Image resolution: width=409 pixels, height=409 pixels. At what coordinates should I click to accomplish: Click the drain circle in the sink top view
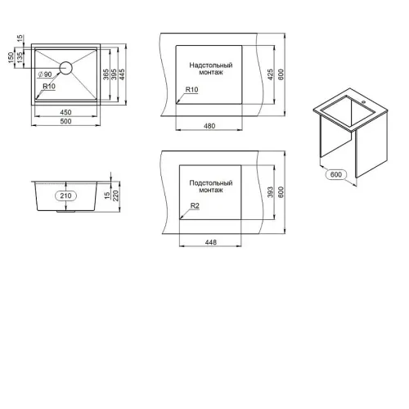65,68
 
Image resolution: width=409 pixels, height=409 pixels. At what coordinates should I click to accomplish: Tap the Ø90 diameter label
45,74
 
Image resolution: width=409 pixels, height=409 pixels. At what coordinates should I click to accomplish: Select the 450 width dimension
65,112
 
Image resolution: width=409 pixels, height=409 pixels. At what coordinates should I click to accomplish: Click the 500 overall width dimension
65,121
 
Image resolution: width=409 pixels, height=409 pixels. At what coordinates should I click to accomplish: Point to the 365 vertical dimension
106,74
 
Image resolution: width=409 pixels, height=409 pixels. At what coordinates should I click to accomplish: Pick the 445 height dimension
122,74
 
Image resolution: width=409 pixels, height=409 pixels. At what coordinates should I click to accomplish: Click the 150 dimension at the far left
11,58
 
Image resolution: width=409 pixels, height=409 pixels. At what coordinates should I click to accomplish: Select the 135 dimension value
20,58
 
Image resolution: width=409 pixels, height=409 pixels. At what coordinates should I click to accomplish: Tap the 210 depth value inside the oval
65,196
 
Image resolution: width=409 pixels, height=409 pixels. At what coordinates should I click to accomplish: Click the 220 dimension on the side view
115,196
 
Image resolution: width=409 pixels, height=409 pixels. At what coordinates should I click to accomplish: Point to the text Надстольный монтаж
211,69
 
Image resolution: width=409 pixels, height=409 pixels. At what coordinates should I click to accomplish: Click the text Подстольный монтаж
211,187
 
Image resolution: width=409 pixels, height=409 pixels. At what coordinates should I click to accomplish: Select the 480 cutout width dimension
209,126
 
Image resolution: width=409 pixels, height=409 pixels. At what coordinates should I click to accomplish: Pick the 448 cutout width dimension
211,242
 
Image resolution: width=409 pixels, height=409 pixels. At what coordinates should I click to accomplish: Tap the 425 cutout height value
270,74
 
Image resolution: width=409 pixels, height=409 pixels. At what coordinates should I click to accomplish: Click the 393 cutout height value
270,192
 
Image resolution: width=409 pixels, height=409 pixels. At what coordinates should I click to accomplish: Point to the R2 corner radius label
195,205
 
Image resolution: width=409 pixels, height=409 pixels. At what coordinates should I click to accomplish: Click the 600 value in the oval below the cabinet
335,174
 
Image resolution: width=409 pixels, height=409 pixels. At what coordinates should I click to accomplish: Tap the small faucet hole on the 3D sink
363,102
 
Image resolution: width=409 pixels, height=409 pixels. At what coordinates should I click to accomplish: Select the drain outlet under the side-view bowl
65,211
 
